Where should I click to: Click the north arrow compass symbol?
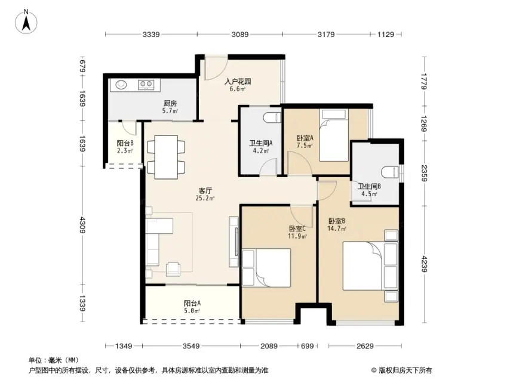pos(26,21)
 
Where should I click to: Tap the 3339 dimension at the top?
pos(151,34)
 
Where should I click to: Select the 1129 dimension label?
pos(386,34)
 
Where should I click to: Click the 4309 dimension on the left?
pos(83,225)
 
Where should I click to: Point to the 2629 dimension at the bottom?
pos(365,346)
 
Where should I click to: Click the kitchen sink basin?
pos(121,84)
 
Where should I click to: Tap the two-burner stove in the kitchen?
pos(146,84)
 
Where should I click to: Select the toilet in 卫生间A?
pos(272,118)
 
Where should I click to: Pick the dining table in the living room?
pos(166,157)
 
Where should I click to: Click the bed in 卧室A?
pos(334,135)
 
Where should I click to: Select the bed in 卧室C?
pos(266,267)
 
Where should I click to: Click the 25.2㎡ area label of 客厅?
pos(205,198)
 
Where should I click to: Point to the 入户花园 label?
pos(238,81)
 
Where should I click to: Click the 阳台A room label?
pos(192,303)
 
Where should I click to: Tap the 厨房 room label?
pos(170,103)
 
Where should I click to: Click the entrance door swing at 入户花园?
pos(216,69)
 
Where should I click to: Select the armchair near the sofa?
pos(173,269)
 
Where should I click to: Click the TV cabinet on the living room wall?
pos(233,242)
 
